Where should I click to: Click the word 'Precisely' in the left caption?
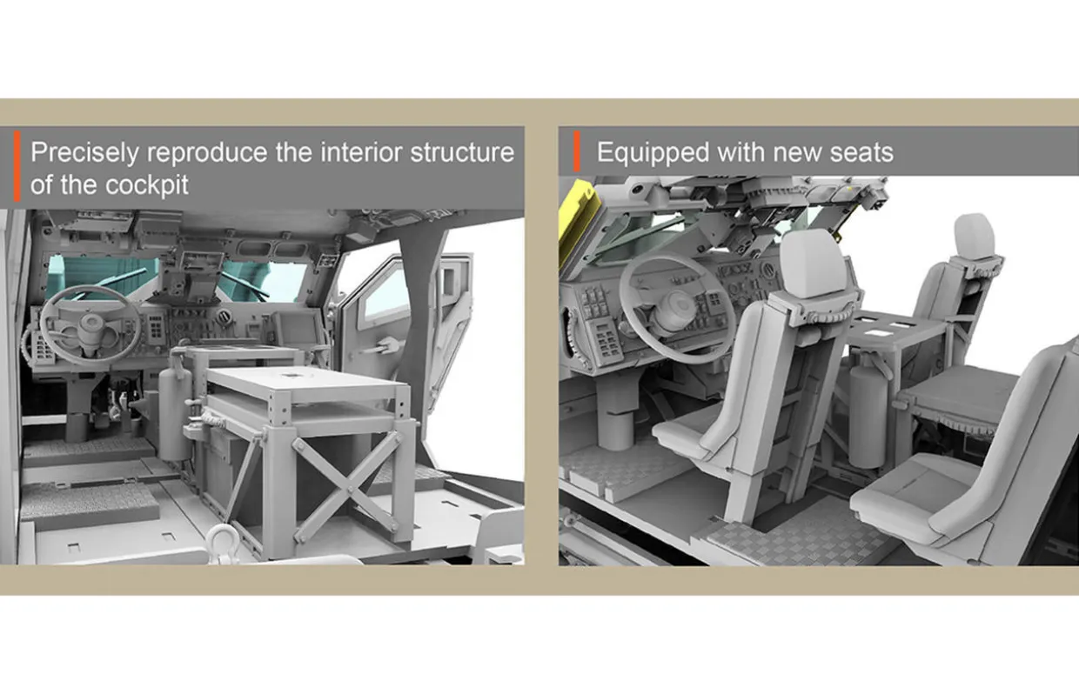click(x=84, y=153)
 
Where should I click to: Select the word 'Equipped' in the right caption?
click(x=653, y=153)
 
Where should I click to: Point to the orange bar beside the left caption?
click(x=17, y=165)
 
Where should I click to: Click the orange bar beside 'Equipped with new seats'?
click(x=577, y=151)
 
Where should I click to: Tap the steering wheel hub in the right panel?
click(x=678, y=306)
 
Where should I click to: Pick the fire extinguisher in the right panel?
click(x=868, y=414)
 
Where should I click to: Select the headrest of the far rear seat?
click(x=974, y=236)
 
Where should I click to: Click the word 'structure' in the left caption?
click(x=462, y=153)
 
